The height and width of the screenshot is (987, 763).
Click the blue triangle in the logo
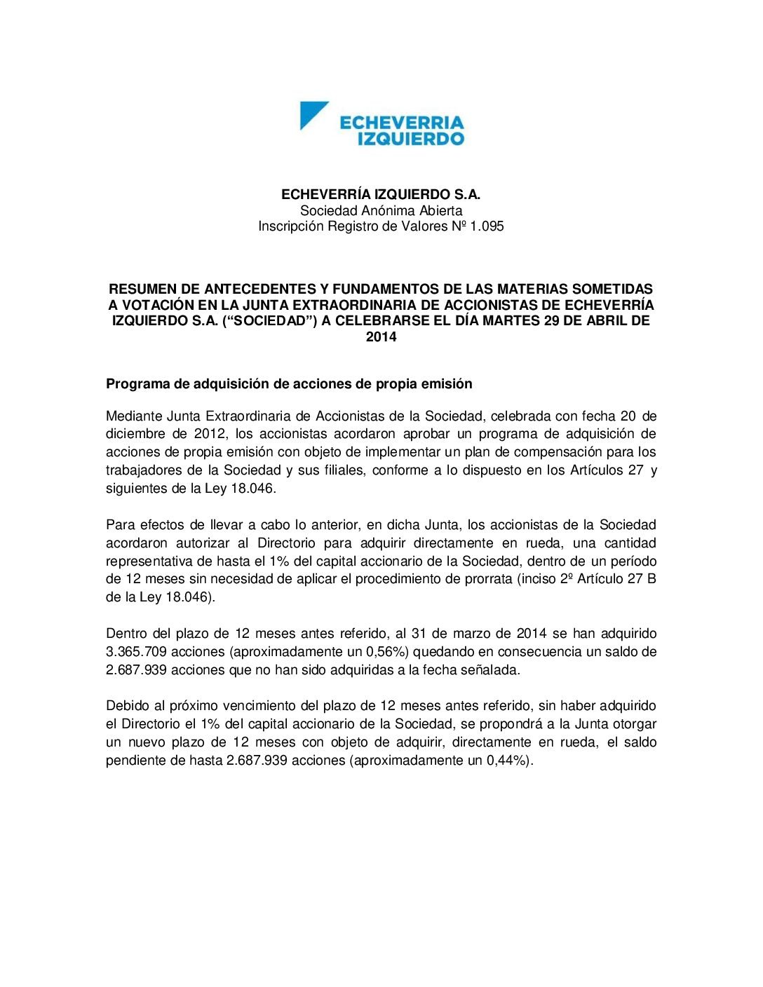311,113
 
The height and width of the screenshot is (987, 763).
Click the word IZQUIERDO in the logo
410,138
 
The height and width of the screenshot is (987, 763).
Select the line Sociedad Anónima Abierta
381,210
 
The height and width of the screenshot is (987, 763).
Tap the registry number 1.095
487,226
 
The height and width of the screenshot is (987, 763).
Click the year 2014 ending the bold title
381,336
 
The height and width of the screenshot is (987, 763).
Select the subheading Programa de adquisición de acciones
289,383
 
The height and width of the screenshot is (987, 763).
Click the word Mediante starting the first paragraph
133,416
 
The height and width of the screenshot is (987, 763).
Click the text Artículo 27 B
616,579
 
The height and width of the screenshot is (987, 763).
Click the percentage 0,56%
389,651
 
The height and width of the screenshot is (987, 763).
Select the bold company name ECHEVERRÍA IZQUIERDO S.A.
381,194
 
